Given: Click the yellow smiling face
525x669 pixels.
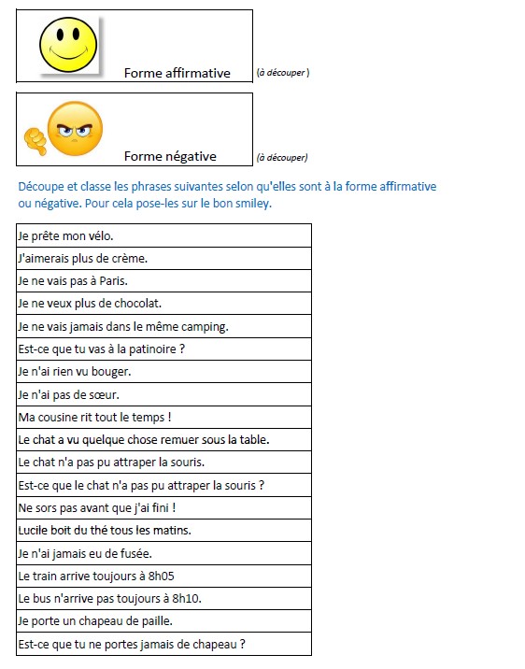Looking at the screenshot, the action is (x=68, y=44).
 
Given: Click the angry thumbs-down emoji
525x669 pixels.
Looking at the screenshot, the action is (x=66, y=131).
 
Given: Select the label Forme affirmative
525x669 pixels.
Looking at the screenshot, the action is (x=177, y=73).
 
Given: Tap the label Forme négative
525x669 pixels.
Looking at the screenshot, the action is (x=170, y=156).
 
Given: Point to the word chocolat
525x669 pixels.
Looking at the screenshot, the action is (x=139, y=304).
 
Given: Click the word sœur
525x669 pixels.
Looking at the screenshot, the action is (x=105, y=394).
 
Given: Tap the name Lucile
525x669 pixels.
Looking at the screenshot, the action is (x=34, y=530).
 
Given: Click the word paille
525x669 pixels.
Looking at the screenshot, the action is (x=153, y=621).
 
